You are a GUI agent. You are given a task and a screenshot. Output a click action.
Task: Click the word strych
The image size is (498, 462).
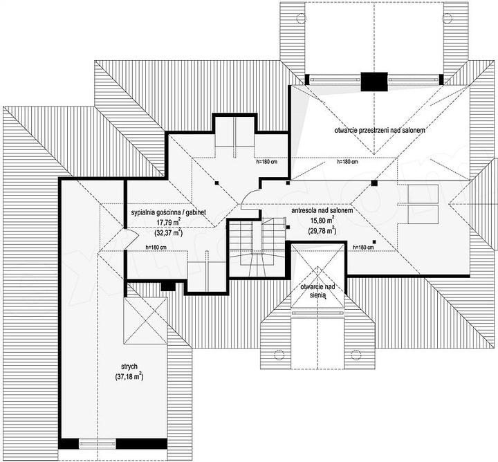click(129, 367)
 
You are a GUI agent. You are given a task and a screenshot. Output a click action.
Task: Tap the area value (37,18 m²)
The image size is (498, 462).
click(129, 377)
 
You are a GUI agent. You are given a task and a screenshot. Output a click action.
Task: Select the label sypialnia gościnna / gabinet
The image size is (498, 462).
click(168, 212)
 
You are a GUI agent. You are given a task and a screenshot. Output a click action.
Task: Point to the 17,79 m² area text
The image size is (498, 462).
click(168, 222)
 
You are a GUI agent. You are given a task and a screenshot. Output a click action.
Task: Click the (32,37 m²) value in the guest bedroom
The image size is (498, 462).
click(168, 233)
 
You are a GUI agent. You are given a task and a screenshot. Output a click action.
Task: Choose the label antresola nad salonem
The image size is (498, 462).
click(322, 210)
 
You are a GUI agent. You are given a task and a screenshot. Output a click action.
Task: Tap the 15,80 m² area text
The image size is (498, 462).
click(322, 220)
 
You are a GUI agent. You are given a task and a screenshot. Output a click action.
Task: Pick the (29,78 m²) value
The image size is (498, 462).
click(322, 230)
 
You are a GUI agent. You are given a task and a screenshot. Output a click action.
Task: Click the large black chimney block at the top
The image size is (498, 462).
click(374, 82)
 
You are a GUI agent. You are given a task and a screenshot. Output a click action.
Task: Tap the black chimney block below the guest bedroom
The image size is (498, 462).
click(168, 286)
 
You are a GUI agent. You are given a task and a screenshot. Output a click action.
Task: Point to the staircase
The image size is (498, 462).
click(257, 246)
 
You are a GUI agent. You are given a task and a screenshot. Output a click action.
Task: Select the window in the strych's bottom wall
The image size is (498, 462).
click(98, 443)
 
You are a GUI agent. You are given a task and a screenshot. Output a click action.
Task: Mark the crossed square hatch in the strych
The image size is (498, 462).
click(145, 320)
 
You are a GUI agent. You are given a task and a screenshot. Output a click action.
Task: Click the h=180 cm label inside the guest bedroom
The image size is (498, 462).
click(156, 247)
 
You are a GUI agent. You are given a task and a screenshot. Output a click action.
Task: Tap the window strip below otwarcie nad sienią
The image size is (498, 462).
click(317, 313)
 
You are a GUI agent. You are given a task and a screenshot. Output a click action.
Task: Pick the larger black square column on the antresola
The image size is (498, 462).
click(374, 183)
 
